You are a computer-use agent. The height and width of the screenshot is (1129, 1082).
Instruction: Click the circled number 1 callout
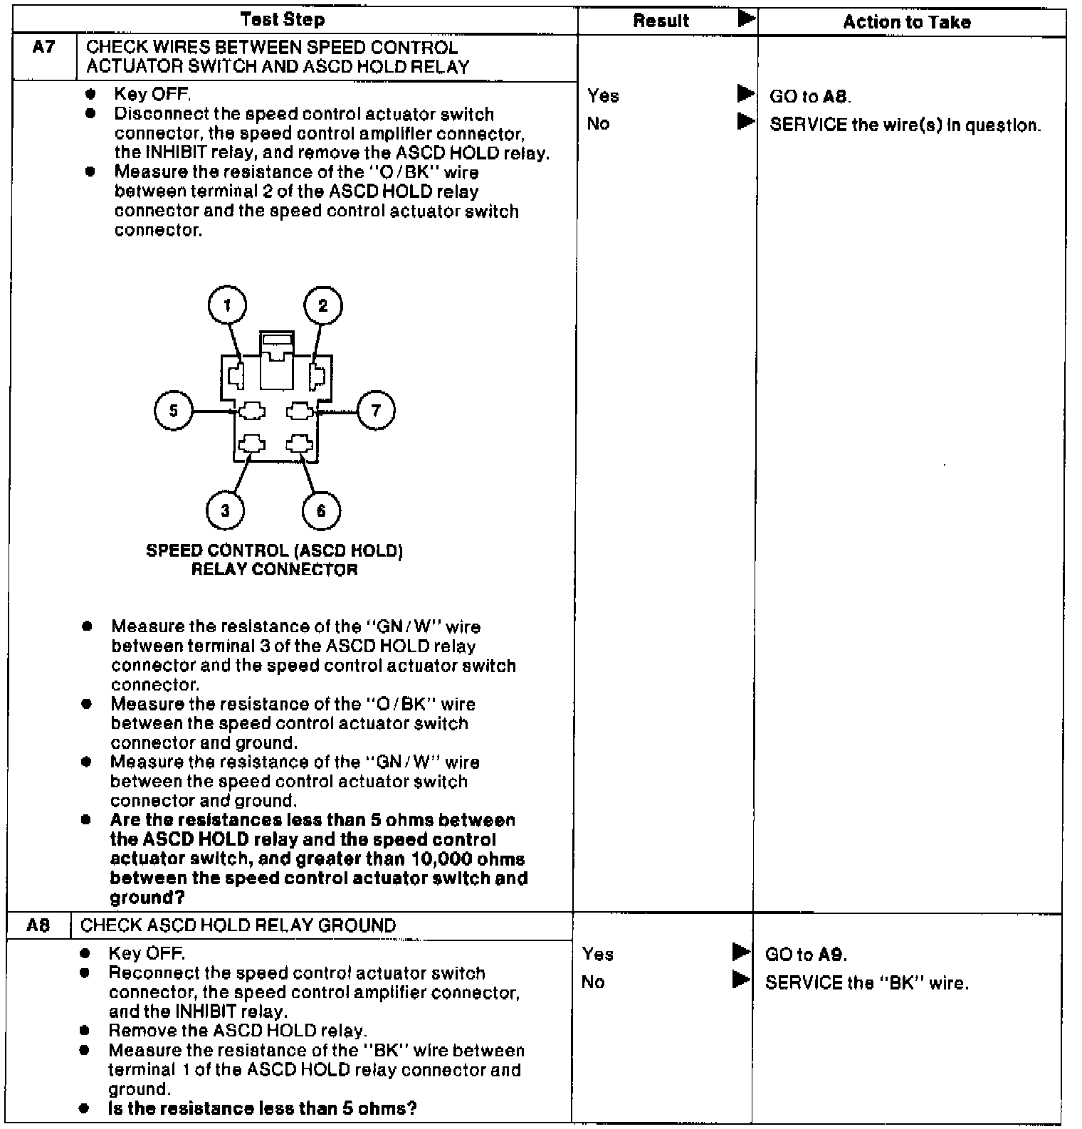click(x=227, y=306)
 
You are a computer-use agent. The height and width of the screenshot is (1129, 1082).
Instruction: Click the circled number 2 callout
click(x=322, y=306)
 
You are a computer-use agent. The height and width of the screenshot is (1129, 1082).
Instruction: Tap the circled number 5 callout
click(x=173, y=411)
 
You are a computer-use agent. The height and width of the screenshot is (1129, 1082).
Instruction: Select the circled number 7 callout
click(x=376, y=410)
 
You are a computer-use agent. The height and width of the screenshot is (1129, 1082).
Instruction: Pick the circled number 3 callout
click(x=226, y=510)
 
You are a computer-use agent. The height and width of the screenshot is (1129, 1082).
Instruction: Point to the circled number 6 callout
click(x=321, y=511)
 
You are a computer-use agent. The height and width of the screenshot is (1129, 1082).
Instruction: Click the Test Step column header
click(x=283, y=19)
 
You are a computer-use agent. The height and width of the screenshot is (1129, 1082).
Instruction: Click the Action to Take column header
click(x=906, y=22)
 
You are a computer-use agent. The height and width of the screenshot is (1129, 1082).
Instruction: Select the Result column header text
click(x=661, y=21)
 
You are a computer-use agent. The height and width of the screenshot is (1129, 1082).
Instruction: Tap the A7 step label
click(x=43, y=48)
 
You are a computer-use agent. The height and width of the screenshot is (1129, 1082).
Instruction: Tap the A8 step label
click(x=38, y=925)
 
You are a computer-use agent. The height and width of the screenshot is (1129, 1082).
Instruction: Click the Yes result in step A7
click(x=603, y=96)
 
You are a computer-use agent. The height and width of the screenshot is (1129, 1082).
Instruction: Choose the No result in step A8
click(x=592, y=982)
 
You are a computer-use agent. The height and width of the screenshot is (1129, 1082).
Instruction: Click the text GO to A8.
click(x=810, y=97)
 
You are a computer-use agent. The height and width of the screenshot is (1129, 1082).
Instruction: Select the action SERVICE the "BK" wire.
click(x=866, y=983)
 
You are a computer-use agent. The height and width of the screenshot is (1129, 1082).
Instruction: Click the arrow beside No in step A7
click(x=745, y=122)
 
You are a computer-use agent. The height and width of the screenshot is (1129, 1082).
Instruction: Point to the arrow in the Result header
click(x=746, y=19)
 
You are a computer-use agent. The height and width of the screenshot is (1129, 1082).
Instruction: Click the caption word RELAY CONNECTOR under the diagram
click(x=274, y=569)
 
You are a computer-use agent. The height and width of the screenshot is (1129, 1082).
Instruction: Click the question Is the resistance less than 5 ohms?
click(x=262, y=1108)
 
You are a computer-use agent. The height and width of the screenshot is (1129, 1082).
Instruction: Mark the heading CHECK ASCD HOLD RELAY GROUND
click(x=238, y=925)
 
